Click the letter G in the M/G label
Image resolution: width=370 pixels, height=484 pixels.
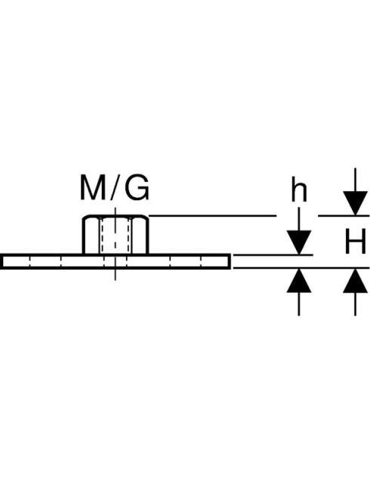[137, 187]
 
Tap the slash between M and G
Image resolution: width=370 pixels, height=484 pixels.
[115, 187]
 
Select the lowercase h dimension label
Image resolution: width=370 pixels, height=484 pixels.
[299, 191]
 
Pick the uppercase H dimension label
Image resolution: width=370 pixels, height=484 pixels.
[355, 241]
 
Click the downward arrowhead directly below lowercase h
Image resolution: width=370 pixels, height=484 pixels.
[299, 242]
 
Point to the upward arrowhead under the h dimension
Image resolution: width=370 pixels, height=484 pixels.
[299, 281]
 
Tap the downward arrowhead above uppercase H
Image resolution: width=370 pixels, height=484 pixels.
[355, 203]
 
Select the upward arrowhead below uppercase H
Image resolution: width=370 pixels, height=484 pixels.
[355, 281]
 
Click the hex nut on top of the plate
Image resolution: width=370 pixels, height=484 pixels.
[116, 235]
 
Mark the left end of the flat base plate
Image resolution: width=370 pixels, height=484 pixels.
[2, 262]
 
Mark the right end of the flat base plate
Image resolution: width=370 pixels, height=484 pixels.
[230, 262]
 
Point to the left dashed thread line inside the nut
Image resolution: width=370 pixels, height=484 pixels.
[101, 236]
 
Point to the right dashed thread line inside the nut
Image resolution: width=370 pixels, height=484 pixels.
[129, 236]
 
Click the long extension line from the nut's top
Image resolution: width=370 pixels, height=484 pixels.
[213, 216]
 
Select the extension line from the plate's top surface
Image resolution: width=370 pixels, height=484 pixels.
[273, 255]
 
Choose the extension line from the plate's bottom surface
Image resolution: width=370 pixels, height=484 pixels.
[301, 268]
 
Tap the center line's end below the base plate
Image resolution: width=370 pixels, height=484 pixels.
[116, 280]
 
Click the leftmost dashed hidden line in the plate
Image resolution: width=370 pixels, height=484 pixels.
[29, 262]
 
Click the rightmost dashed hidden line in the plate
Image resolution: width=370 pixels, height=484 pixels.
[201, 262]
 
